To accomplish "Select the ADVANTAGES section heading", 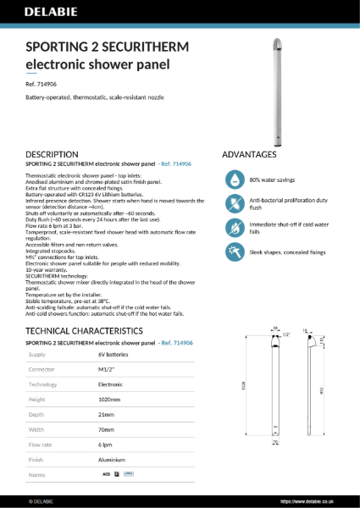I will (249, 155).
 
